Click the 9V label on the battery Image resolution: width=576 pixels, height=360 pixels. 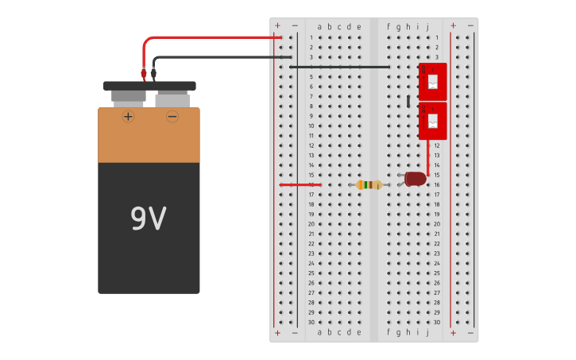(x=148, y=219)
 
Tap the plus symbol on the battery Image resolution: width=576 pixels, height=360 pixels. (x=128, y=116)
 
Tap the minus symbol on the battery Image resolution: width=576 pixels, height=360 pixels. (x=172, y=116)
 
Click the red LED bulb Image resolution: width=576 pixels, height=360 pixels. (x=415, y=179)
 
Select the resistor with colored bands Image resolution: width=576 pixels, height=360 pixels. (x=369, y=184)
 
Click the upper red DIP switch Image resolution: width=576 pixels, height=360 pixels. (x=432, y=81)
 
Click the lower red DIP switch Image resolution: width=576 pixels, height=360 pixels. (x=432, y=121)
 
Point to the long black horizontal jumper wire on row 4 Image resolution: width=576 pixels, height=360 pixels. (x=339, y=67)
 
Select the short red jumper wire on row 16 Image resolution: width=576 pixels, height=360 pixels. (x=300, y=184)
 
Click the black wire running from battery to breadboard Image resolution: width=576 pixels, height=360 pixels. (x=215, y=57)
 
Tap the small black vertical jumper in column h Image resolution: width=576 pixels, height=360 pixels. (x=408, y=101)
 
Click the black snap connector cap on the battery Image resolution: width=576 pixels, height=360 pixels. (x=149, y=86)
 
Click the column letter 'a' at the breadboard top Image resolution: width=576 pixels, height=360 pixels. (x=319, y=26)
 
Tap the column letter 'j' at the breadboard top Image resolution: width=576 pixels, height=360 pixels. (x=427, y=26)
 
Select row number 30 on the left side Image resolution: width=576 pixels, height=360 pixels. (x=311, y=322)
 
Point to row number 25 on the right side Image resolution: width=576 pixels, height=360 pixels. (x=436, y=273)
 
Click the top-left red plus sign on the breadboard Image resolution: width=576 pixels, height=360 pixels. (x=277, y=25)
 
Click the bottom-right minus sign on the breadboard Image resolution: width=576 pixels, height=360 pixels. (x=470, y=332)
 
